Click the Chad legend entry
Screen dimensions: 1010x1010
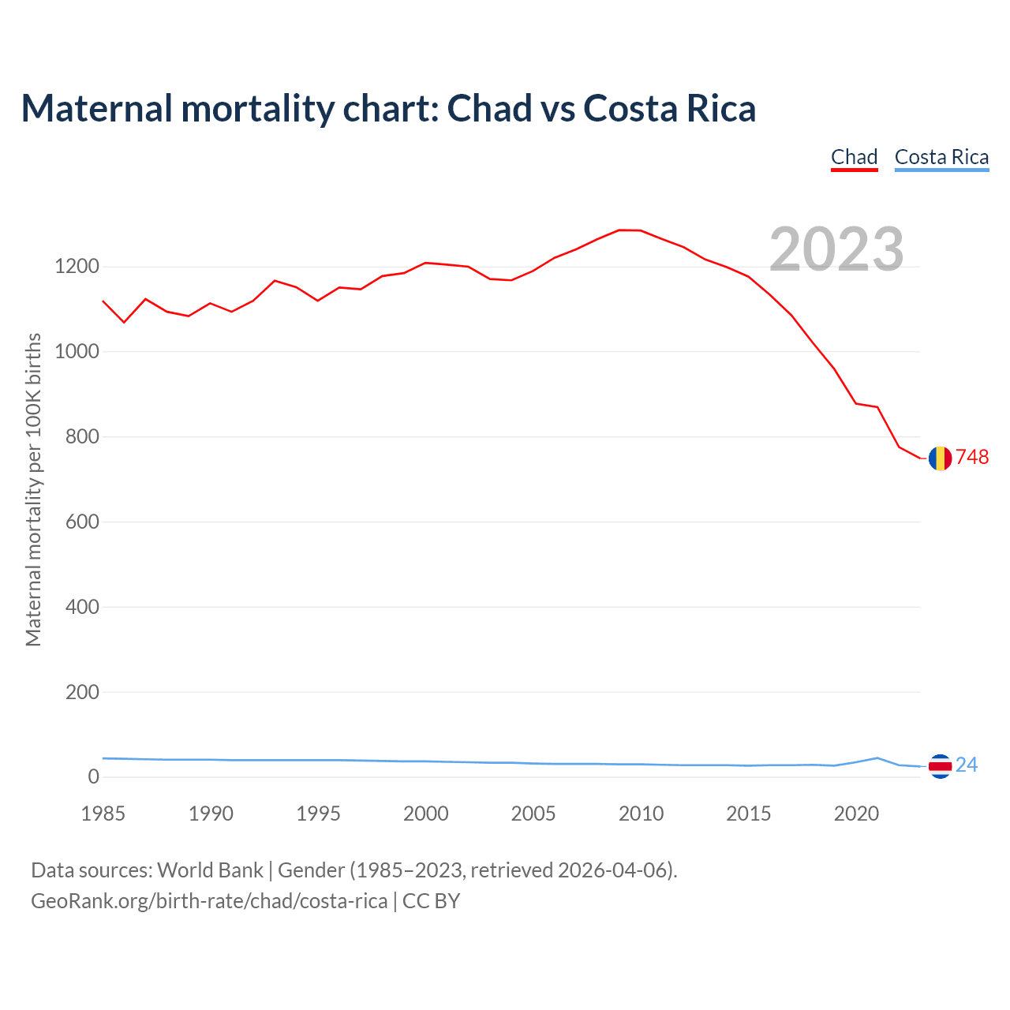pyautogui.click(x=854, y=157)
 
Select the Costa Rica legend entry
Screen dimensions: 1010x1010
pyautogui.click(x=941, y=157)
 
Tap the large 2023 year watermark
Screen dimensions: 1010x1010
pyautogui.click(x=836, y=249)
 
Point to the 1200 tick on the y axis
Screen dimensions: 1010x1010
pyautogui.click(x=77, y=267)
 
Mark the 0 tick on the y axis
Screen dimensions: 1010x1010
pyautogui.click(x=94, y=777)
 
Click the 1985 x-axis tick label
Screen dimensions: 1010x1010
pyautogui.click(x=103, y=814)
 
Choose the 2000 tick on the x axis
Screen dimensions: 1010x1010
pyautogui.click(x=425, y=814)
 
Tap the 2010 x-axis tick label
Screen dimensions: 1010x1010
pyautogui.click(x=641, y=814)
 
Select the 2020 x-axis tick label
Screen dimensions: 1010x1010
pyautogui.click(x=856, y=814)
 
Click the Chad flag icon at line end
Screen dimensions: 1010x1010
pyautogui.click(x=940, y=458)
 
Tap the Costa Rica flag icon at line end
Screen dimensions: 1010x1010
pyautogui.click(x=940, y=765)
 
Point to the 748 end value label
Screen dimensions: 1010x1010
pyautogui.click(x=972, y=458)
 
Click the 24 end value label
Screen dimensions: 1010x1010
pyautogui.click(x=967, y=765)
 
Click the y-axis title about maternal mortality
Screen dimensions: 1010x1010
pyautogui.click(x=33, y=490)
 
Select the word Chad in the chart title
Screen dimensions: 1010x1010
pyautogui.click(x=489, y=108)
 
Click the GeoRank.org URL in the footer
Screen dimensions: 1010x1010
pyautogui.click(x=209, y=901)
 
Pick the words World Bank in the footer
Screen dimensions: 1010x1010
pyautogui.click(x=210, y=870)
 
